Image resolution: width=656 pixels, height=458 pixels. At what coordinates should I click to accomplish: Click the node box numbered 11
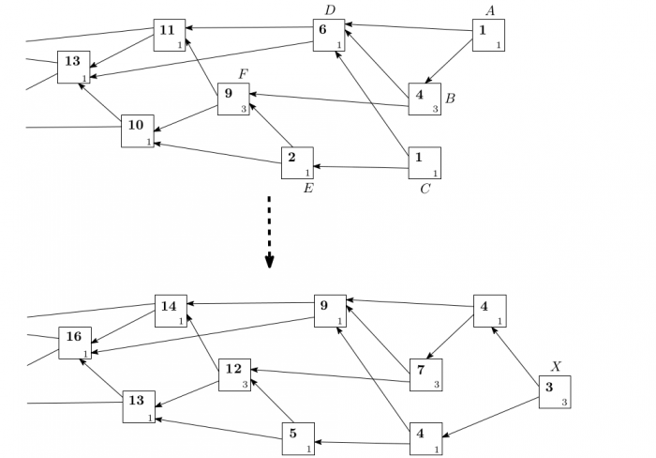170,35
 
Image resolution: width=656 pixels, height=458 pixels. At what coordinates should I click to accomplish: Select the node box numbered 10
137,130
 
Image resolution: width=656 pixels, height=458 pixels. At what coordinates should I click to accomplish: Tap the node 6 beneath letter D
328,35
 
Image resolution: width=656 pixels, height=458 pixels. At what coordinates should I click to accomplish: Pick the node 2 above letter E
297,162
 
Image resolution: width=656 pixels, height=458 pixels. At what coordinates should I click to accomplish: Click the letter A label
489,9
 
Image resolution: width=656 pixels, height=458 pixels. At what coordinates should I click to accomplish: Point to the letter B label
450,99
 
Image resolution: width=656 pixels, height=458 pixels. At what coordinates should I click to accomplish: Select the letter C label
425,189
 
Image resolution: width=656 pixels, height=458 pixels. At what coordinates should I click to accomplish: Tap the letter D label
329,9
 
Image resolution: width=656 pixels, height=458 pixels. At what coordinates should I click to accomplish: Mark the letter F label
243,72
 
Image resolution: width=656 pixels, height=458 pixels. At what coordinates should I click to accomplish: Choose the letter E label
307,189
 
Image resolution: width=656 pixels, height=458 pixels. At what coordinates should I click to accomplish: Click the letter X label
556,366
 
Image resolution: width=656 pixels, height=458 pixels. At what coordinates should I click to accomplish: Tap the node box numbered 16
75,343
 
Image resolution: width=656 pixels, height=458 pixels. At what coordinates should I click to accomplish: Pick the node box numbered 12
234,374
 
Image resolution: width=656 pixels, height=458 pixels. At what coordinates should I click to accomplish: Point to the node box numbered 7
425,374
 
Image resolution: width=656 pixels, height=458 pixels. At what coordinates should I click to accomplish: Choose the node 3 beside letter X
554,391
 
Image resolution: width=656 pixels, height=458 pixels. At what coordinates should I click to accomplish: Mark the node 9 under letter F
233,99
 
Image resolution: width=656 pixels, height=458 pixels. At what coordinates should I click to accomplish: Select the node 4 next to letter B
425,99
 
